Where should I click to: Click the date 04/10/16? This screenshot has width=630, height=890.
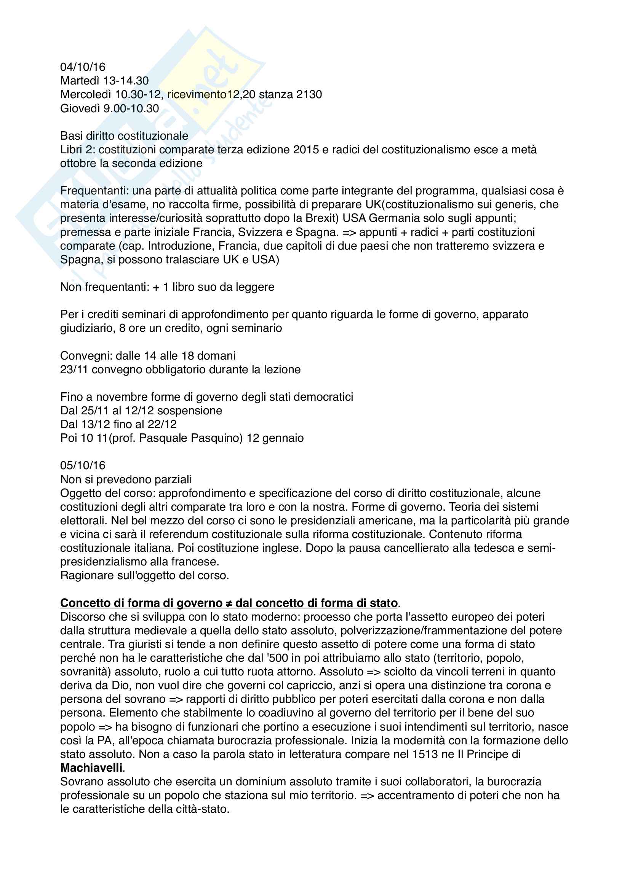point(83,67)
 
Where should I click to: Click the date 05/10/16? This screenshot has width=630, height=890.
point(83,465)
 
